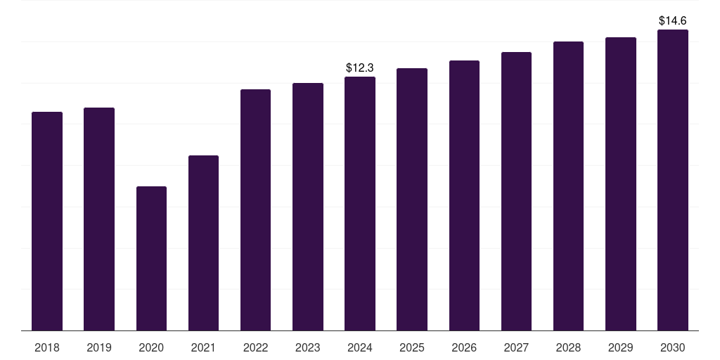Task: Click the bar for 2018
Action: (47, 221)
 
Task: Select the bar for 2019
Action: (99, 219)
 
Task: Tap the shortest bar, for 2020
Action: (151, 258)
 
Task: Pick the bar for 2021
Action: (203, 243)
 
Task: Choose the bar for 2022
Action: (255, 210)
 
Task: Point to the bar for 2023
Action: (308, 207)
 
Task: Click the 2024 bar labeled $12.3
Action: (360, 203)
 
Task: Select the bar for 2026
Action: (464, 195)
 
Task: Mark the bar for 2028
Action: (568, 186)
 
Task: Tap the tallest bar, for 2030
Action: (673, 180)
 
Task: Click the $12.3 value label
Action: (360, 67)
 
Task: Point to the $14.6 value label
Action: (673, 21)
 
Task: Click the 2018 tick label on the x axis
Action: (47, 347)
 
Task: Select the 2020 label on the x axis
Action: (151, 347)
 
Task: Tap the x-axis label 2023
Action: (308, 347)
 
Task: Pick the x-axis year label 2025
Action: (412, 347)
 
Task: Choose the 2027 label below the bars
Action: (516, 347)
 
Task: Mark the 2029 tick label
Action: (621, 347)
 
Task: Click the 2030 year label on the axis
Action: (673, 347)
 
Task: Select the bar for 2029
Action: (621, 184)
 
